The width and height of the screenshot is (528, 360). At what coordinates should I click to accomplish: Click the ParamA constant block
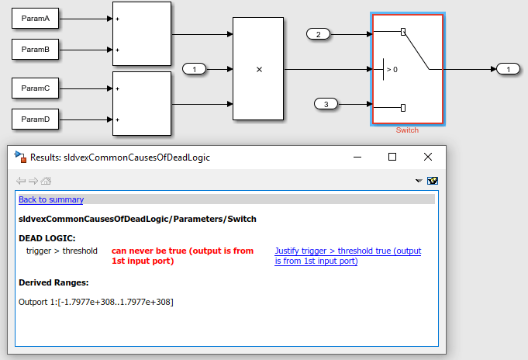36,18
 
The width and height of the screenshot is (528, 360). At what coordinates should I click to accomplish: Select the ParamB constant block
36,49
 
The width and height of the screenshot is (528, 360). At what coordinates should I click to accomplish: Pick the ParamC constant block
36,88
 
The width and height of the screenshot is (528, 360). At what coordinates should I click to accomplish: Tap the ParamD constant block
36,119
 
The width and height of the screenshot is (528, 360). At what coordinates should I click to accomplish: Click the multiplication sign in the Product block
259,69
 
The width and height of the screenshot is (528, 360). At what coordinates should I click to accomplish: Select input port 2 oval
318,34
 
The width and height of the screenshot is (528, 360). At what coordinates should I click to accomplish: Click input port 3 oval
326,104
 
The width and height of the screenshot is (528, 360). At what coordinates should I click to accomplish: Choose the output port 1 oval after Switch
508,69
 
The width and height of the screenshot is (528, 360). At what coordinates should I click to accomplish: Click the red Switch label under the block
407,130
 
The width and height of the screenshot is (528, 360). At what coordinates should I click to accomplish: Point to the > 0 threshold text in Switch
392,69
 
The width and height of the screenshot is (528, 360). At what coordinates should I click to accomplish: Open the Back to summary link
51,199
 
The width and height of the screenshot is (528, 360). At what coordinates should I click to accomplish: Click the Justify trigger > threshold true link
348,256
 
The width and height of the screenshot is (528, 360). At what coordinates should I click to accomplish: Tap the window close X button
428,157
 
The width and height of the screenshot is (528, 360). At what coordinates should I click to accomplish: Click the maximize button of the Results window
392,157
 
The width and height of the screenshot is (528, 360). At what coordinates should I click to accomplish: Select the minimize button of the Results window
357,157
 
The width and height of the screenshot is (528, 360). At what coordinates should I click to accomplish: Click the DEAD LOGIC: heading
47,238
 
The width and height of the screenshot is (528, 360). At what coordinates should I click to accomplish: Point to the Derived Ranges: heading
53,282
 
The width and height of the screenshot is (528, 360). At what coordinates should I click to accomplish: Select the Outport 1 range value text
116,302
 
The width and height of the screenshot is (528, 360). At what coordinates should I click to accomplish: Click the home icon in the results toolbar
46,181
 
